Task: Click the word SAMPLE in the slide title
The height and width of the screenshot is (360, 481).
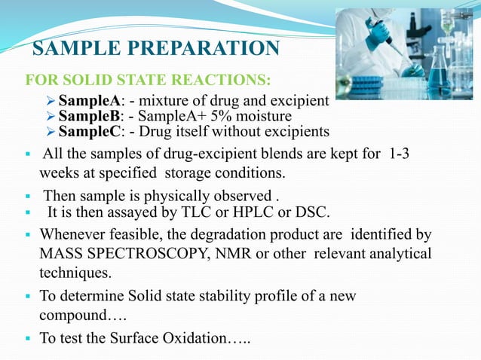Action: (72, 50)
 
